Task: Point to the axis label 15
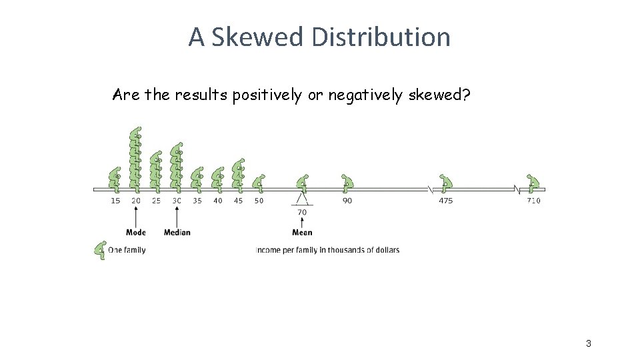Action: point(115,201)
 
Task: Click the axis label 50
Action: point(259,201)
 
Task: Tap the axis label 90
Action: point(347,201)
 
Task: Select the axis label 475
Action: point(445,201)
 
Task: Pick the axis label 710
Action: point(533,201)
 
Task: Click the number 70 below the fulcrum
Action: point(302,213)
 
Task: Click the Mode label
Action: point(136,232)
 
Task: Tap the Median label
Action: point(177,232)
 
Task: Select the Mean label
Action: point(302,232)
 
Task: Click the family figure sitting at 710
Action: point(533,182)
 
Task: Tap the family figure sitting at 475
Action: point(446,182)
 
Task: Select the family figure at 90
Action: point(347,182)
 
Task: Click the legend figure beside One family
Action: point(101,250)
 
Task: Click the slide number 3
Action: point(588,343)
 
